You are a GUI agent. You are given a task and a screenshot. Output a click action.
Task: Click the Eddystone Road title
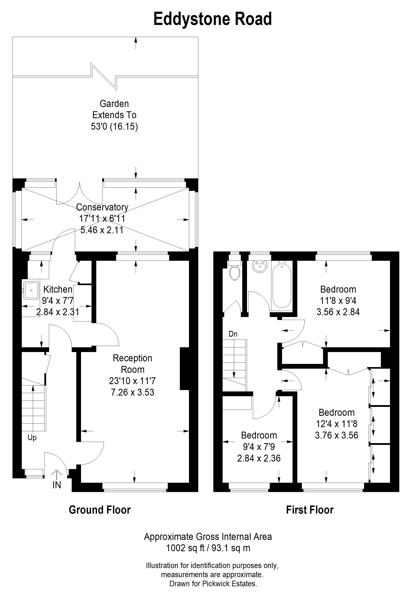tap(213, 19)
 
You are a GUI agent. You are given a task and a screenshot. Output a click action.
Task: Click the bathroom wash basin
tap(260, 266)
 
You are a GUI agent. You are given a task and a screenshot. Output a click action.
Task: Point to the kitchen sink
tap(31, 290)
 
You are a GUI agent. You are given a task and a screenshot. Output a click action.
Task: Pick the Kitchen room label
tap(58, 289)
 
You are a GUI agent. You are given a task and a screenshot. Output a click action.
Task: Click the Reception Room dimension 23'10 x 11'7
tap(132, 381)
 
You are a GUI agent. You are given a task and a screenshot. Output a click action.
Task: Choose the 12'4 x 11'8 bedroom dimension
tap(337, 424)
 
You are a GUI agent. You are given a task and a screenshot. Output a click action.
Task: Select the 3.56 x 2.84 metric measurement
tap(338, 312)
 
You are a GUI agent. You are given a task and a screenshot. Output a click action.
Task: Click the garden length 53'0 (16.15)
tap(114, 126)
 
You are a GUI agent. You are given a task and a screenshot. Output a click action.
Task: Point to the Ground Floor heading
tap(100, 510)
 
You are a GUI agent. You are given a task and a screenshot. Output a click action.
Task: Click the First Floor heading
tap(310, 510)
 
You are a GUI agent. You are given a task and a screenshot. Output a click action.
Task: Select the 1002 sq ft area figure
tap(185, 548)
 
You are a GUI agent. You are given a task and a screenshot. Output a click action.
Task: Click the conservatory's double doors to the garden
tap(79, 193)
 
